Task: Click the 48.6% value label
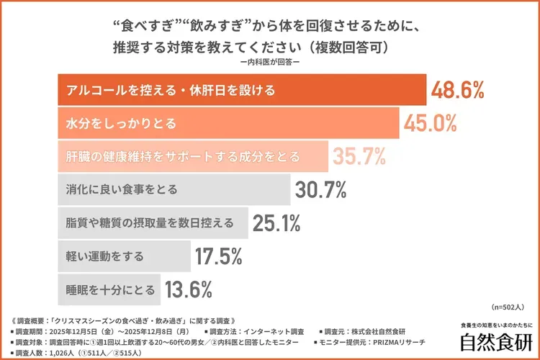(x=458, y=91)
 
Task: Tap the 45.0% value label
(x=430, y=123)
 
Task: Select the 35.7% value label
(x=359, y=156)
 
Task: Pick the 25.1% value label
(x=276, y=223)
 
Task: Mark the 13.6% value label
(x=189, y=289)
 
